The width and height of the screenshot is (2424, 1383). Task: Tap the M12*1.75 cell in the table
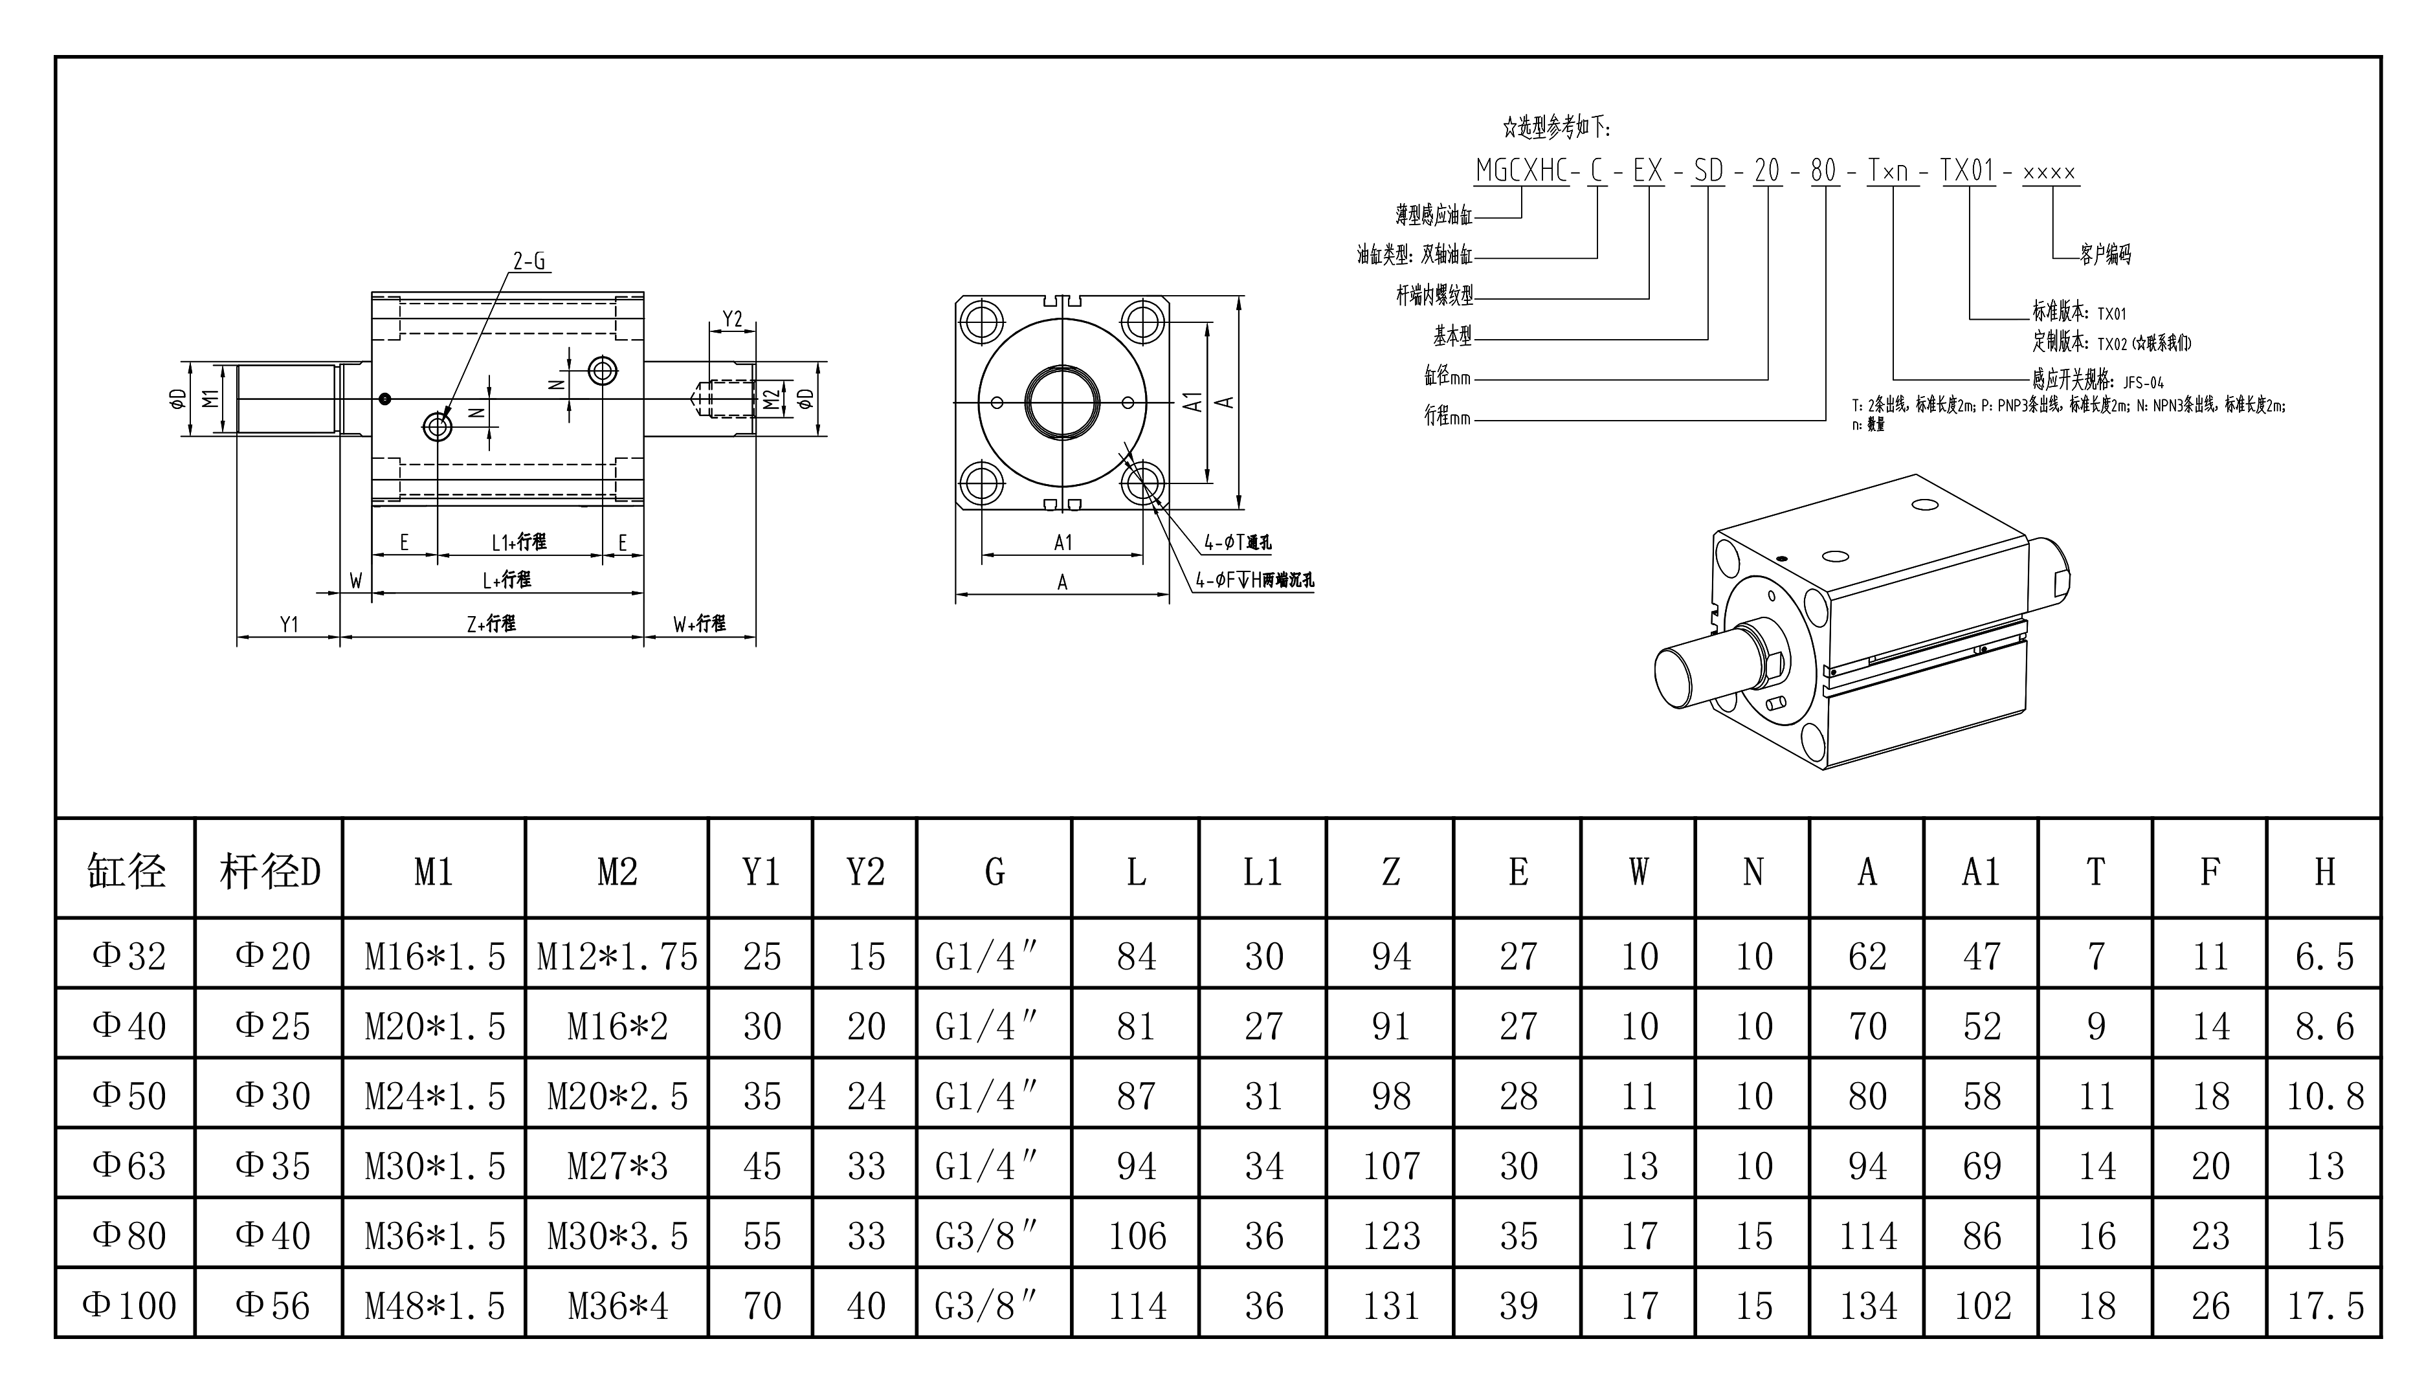pyautogui.click(x=617, y=956)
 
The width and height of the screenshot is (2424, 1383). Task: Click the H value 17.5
pyautogui.click(x=2324, y=1305)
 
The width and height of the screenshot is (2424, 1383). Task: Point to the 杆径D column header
pyautogui.click(x=270, y=871)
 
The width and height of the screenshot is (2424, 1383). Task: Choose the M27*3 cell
pyautogui.click(x=617, y=1166)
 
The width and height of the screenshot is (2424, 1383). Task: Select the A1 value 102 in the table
pyautogui.click(x=1981, y=1305)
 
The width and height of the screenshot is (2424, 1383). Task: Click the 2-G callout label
pyautogui.click(x=529, y=261)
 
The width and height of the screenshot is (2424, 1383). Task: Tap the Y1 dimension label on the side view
pyautogui.click(x=289, y=624)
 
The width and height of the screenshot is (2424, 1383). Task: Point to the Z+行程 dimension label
pyautogui.click(x=491, y=624)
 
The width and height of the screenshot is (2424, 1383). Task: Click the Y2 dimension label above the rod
pyautogui.click(x=732, y=319)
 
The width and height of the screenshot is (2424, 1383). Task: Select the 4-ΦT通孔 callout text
pyautogui.click(x=1238, y=542)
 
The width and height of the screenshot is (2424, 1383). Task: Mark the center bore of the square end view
pyautogui.click(x=1062, y=402)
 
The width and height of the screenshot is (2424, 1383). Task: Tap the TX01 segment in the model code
pyautogui.click(x=1967, y=171)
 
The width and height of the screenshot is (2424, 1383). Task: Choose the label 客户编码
pyautogui.click(x=2105, y=254)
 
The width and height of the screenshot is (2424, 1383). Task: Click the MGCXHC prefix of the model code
pyautogui.click(x=1522, y=171)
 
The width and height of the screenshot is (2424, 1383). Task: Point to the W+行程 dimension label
pyautogui.click(x=699, y=624)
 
